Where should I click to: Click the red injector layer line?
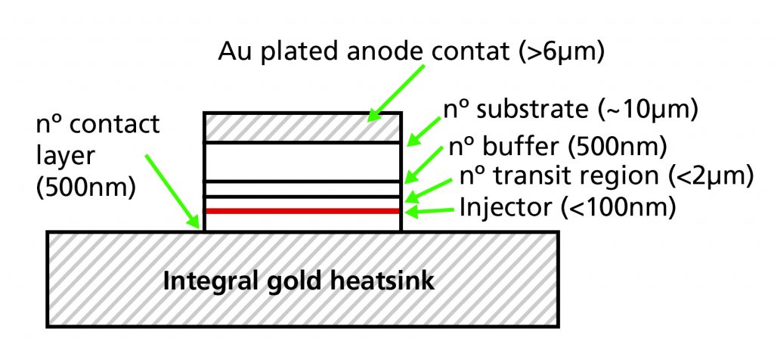coord(302,211)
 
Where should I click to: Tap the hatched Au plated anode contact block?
coord(302,127)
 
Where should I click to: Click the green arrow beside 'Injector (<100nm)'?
coord(429,211)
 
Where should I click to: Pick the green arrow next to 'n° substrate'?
coord(423,132)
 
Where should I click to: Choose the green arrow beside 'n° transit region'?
coord(428,190)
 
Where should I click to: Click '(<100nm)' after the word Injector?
coord(618,208)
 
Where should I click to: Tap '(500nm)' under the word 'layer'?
coord(86,188)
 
